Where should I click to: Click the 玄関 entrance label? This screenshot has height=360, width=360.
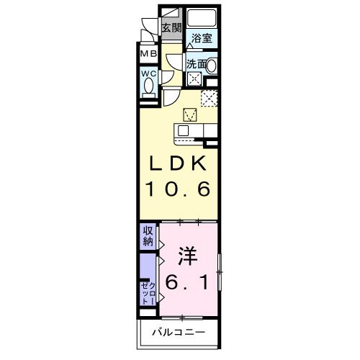(x=171, y=28)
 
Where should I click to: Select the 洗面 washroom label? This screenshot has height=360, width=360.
(x=196, y=64)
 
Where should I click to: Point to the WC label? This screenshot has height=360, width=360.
(x=149, y=73)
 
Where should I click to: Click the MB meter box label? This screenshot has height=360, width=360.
(x=148, y=54)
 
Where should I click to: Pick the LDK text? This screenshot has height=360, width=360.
(x=179, y=163)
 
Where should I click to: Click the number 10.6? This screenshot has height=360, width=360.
(x=179, y=189)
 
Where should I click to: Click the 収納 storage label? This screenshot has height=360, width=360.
(x=148, y=237)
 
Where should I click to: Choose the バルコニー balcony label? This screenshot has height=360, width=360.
(x=179, y=333)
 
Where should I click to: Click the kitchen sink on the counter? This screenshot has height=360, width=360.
(x=183, y=131)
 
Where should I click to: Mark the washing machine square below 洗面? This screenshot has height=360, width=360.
(x=194, y=78)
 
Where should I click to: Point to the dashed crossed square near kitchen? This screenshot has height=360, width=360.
(x=209, y=98)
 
